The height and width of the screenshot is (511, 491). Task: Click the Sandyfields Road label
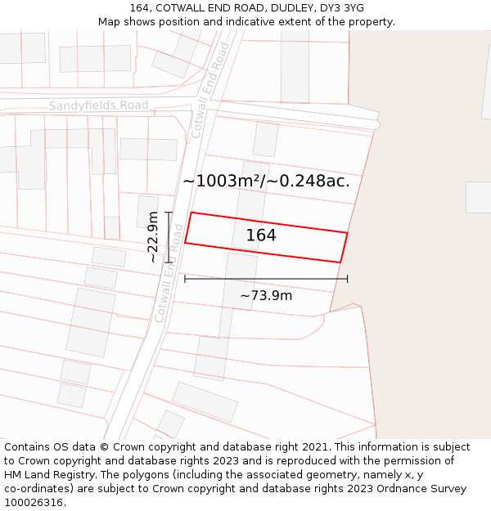pos(98,105)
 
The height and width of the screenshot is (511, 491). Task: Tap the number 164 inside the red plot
pos(261,235)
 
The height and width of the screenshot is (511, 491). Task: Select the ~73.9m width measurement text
pos(266,295)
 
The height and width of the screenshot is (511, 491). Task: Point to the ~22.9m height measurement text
pos(153,237)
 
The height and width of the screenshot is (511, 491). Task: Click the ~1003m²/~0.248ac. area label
pos(266,182)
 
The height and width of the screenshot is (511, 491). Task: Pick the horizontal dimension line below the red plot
pos(266,279)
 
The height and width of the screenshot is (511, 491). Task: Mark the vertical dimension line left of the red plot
pos(169,237)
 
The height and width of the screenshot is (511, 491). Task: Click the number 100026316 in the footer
pos(34,503)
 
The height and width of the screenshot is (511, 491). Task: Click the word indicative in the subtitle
pos(244,22)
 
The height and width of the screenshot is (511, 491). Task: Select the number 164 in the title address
pos(139,8)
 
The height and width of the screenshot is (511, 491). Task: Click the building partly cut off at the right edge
pos(479,197)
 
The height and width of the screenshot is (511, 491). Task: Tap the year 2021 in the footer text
pos(316,447)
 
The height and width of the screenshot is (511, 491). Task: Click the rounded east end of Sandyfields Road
pos(376,124)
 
